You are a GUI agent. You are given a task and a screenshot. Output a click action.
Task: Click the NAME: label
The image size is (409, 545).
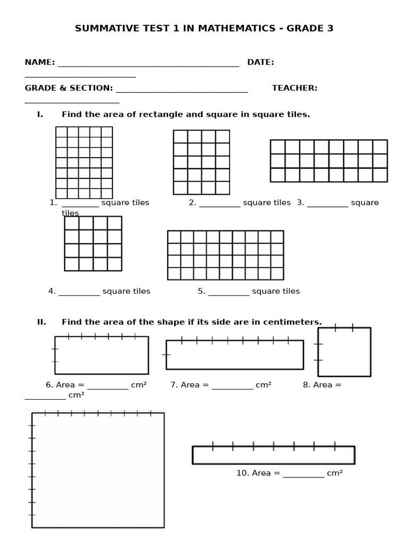(x=40, y=62)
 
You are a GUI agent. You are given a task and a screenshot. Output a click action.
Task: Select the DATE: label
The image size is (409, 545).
(x=260, y=62)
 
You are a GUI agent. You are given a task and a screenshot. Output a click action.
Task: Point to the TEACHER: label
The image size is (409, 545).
(x=295, y=88)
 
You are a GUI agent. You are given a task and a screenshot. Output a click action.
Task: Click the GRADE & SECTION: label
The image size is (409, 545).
(x=69, y=88)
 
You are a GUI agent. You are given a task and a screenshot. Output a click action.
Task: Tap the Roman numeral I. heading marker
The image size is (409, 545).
(x=40, y=114)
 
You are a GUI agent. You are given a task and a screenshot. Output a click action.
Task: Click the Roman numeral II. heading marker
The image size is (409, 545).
(x=42, y=322)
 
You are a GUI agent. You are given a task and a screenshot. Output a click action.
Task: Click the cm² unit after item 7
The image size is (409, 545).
(x=264, y=385)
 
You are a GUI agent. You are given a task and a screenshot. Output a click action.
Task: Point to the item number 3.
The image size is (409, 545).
(x=300, y=202)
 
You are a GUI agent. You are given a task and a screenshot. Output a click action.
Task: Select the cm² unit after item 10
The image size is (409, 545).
(x=334, y=473)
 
